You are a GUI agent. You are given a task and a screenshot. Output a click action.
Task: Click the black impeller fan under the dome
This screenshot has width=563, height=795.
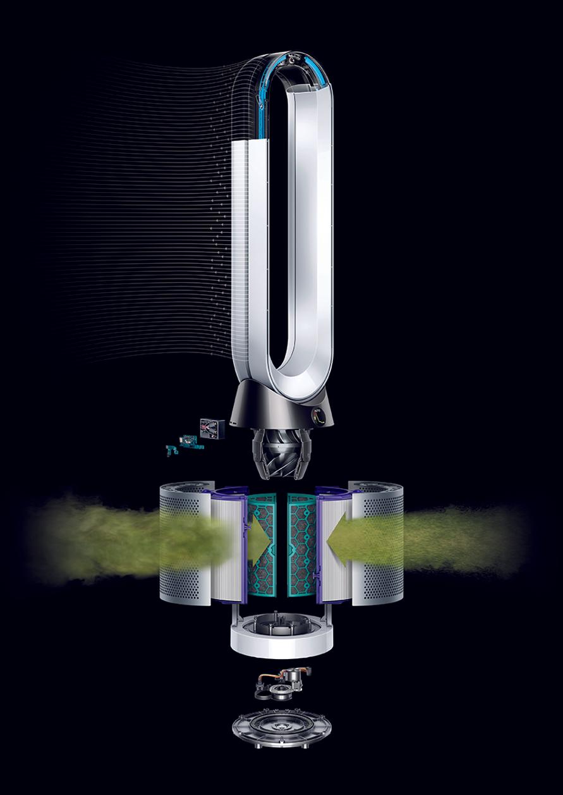click(281, 452)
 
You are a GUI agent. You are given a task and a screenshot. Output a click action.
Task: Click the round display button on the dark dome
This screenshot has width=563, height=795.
click(320, 416)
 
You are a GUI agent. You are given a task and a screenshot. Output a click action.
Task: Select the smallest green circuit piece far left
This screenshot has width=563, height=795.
click(170, 451)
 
